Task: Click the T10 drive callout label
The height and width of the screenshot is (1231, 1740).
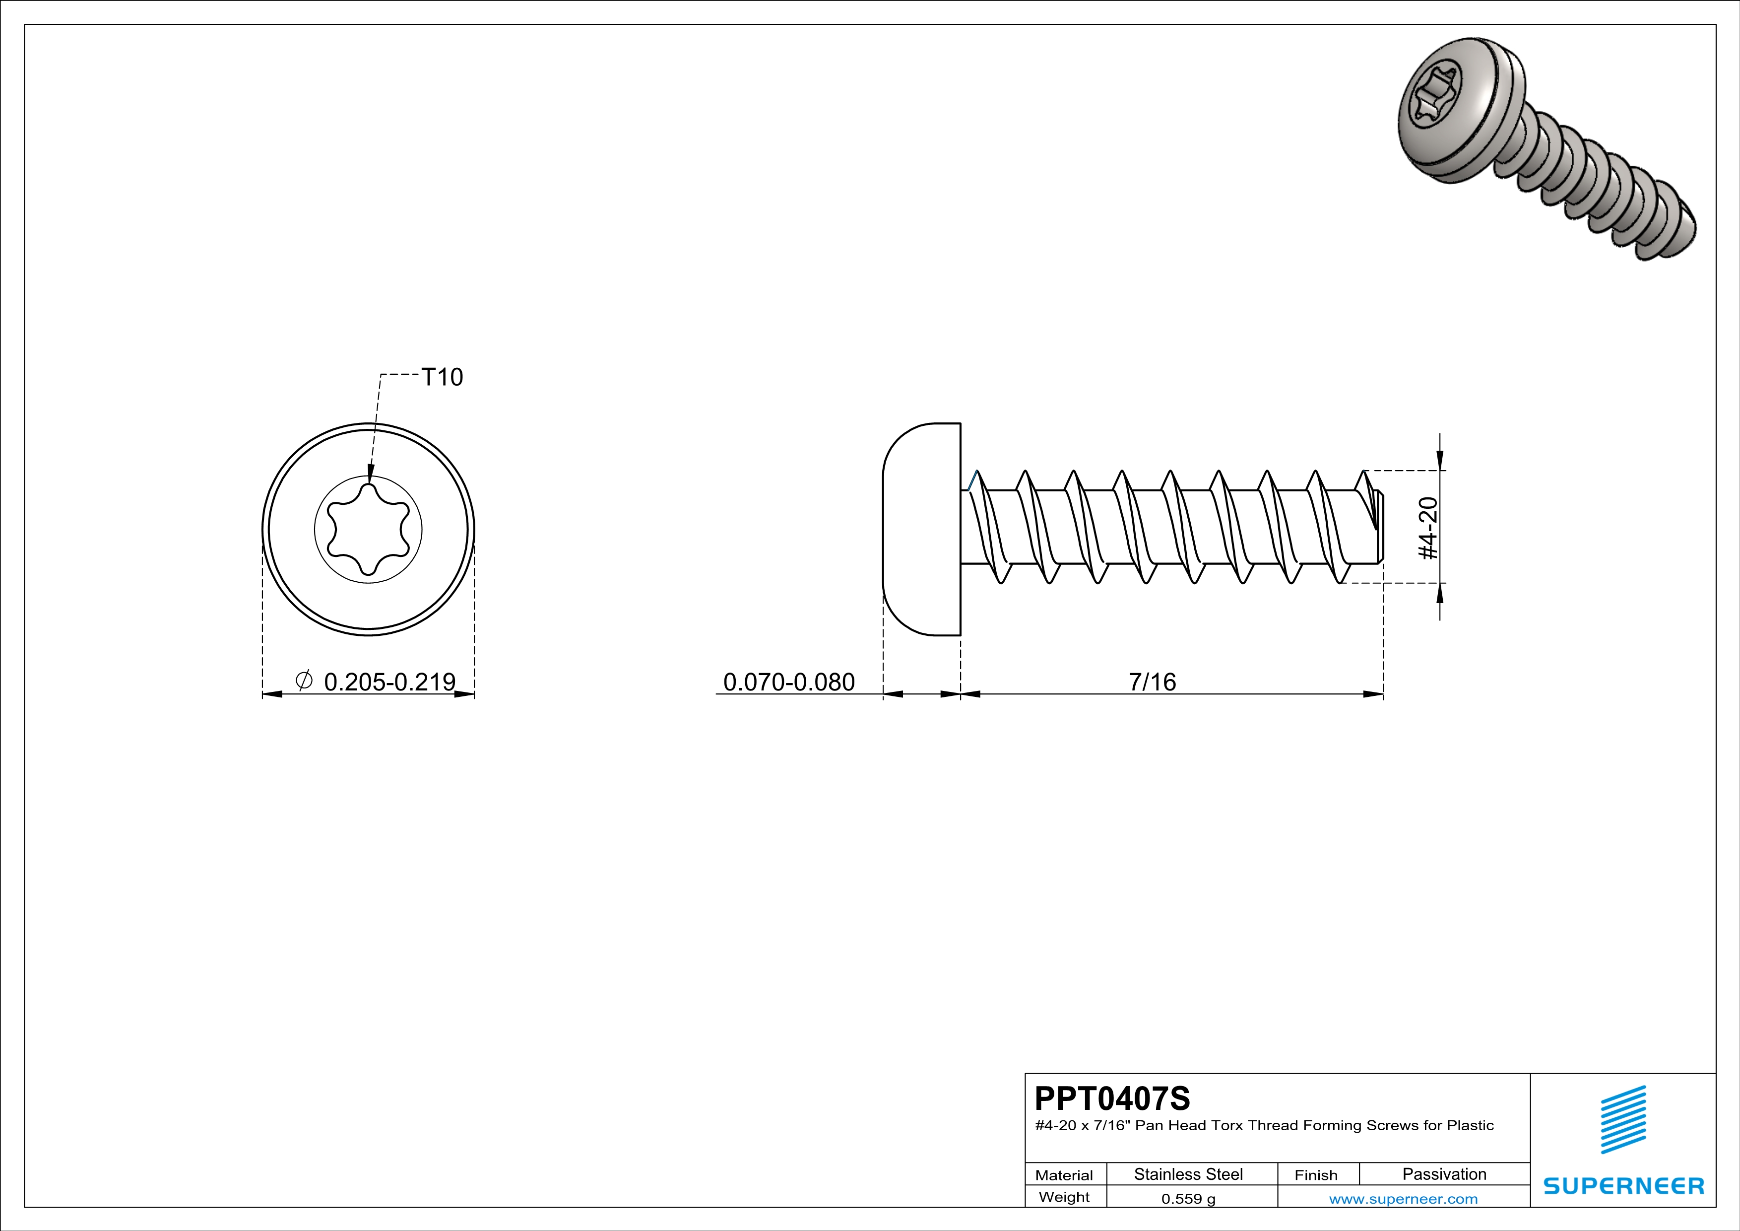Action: point(442,377)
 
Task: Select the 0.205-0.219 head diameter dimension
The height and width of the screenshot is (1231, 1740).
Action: point(389,682)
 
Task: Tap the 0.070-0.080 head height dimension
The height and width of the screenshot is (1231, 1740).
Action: point(788,682)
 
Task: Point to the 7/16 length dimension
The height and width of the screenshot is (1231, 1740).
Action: point(1152,682)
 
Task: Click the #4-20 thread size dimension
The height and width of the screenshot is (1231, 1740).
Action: point(1428,528)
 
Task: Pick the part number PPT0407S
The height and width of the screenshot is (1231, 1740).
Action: point(1112,1097)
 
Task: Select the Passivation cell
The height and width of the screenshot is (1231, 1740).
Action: point(1444,1174)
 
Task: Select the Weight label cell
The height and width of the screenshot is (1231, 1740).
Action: point(1064,1197)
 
